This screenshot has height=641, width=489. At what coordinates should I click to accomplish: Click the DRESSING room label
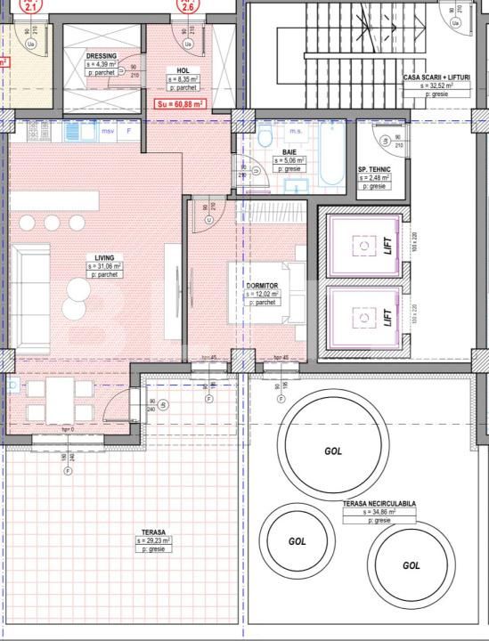(x=101, y=56)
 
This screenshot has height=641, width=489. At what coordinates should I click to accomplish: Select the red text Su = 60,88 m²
(x=180, y=104)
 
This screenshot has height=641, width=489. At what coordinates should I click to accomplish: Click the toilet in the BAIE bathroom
(x=265, y=138)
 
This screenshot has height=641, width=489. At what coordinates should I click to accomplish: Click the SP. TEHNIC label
(x=373, y=168)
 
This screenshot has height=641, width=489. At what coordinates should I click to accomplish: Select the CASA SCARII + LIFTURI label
(x=436, y=78)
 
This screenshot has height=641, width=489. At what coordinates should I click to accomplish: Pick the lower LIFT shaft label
(x=387, y=318)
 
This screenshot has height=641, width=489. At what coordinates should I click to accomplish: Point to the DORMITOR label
(x=263, y=285)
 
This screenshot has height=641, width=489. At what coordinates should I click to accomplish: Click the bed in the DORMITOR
(x=272, y=294)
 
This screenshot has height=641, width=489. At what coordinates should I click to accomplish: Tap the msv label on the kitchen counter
(x=108, y=131)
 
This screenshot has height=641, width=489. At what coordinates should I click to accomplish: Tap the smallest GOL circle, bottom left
(x=297, y=540)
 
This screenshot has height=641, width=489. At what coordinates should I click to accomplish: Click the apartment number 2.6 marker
(x=188, y=6)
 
